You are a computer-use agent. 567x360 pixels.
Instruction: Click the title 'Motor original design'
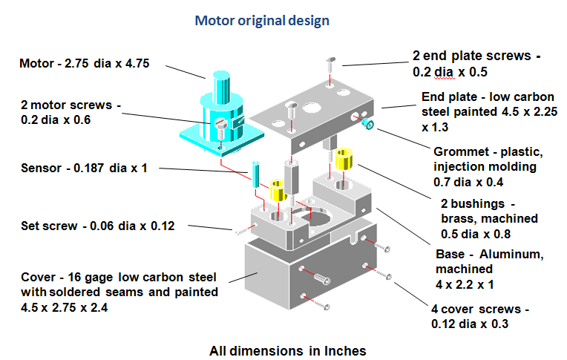click(x=262, y=20)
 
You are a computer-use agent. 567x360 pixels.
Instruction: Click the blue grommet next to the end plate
click(x=367, y=124)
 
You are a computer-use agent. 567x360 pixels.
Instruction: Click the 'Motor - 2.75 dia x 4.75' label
click(x=85, y=63)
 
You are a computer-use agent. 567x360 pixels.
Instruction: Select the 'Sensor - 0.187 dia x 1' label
click(x=84, y=168)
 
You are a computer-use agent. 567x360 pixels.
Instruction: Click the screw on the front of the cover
click(x=321, y=278)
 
